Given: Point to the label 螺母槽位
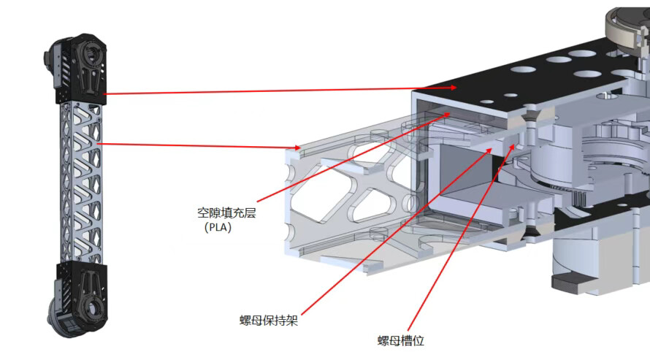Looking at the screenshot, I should coord(400,341).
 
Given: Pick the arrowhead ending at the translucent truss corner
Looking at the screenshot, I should coord(299,148).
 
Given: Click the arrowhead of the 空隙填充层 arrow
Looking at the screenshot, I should coord(448,114).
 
